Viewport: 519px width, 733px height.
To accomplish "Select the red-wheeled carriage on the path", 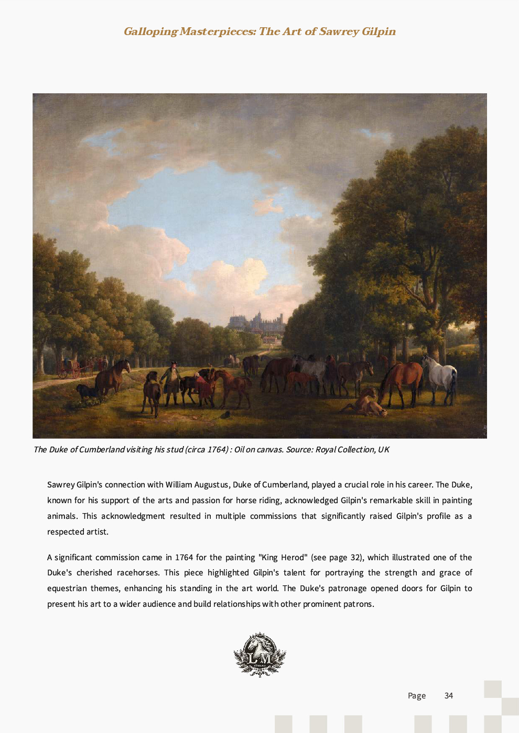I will (x=70, y=369).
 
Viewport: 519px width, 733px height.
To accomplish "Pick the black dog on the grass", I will (x=86, y=391).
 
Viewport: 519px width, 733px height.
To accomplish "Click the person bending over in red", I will (x=205, y=389).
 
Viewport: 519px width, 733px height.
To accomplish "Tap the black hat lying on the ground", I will (x=225, y=415).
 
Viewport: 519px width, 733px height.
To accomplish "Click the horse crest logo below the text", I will (x=259, y=655).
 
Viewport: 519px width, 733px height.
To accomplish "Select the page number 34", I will (x=449, y=696).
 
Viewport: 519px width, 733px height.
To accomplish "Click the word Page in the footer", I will (x=417, y=696).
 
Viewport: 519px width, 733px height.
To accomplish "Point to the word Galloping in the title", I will (x=151, y=31).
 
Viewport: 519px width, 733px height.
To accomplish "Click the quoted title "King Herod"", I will (x=282, y=558).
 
